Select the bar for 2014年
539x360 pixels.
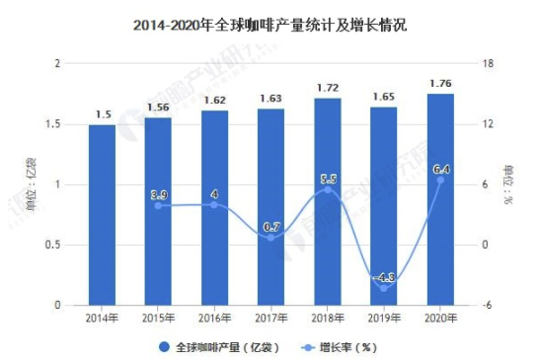pos(103,215)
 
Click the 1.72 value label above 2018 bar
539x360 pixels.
pos(328,88)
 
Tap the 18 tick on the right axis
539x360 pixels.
pos(486,64)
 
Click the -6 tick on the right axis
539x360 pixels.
pos(486,306)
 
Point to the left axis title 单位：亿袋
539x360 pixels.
pos(31,184)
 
